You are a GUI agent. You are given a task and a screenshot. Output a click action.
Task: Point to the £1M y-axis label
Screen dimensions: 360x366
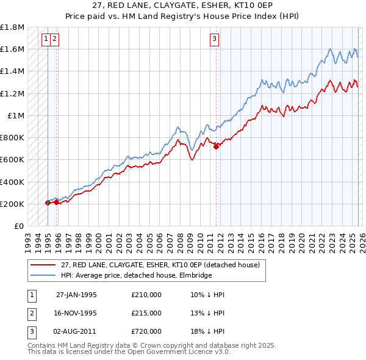(x=16, y=115)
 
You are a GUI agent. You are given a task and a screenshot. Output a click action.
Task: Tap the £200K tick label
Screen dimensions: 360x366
(x=12, y=204)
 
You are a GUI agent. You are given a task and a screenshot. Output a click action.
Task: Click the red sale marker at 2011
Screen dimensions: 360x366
(x=216, y=146)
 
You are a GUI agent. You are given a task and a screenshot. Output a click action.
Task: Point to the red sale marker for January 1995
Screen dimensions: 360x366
(x=48, y=203)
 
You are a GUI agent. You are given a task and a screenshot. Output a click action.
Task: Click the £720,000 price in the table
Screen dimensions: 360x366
(x=146, y=331)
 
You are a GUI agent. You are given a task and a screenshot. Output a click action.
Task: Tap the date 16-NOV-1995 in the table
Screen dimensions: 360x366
(x=76, y=313)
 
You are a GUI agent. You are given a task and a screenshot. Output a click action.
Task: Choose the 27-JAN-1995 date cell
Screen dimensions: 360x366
(x=76, y=295)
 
